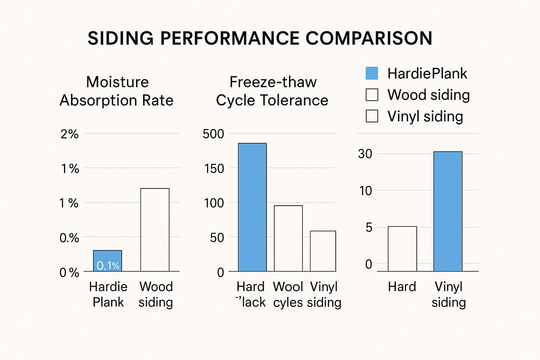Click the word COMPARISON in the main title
coord(369,38)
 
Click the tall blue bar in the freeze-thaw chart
coord(252,207)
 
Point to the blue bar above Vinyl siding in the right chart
coord(448,211)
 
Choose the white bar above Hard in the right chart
coord(402,249)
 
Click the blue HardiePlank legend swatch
coord(372,73)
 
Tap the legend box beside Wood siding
coord(372,95)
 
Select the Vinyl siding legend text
coord(425,116)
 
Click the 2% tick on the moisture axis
coord(69,134)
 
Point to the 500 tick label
coord(213,134)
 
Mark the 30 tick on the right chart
coord(365,154)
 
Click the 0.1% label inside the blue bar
coord(108,265)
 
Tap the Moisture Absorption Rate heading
coord(117,91)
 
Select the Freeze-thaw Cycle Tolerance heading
coord(272,91)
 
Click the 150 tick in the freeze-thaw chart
coord(214,168)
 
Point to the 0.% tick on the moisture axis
coord(69,238)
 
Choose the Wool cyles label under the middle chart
coord(288,294)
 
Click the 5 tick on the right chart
coord(368,227)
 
